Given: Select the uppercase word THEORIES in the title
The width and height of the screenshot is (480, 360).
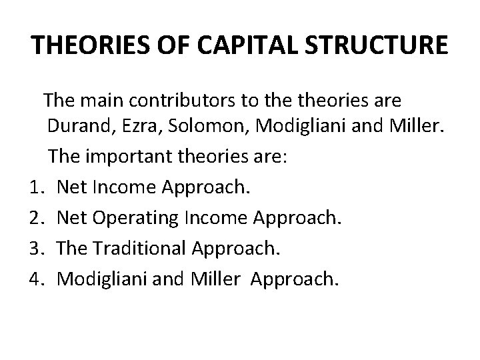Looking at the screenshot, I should pyautogui.click(x=91, y=45).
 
